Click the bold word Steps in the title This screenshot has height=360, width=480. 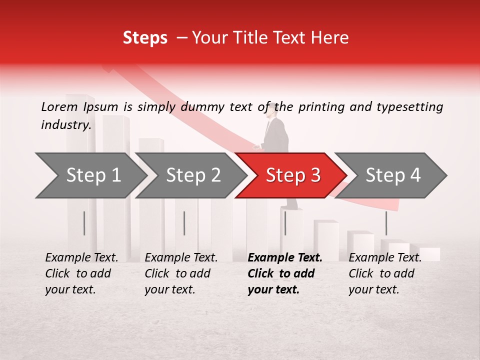[x=145, y=37]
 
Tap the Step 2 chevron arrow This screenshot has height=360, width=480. [x=192, y=175]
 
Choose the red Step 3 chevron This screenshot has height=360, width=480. [x=292, y=175]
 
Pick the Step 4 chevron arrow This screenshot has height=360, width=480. [x=392, y=175]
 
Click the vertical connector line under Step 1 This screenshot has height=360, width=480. [x=84, y=223]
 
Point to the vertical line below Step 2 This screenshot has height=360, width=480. [x=184, y=223]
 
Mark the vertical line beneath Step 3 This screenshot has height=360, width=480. [x=285, y=223]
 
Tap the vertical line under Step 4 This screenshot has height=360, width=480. [x=386, y=223]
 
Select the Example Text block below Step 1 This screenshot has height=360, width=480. [x=81, y=273]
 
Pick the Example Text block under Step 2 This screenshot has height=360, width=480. [x=180, y=273]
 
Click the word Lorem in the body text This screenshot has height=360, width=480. [x=59, y=107]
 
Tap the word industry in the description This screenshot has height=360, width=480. [x=66, y=125]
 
